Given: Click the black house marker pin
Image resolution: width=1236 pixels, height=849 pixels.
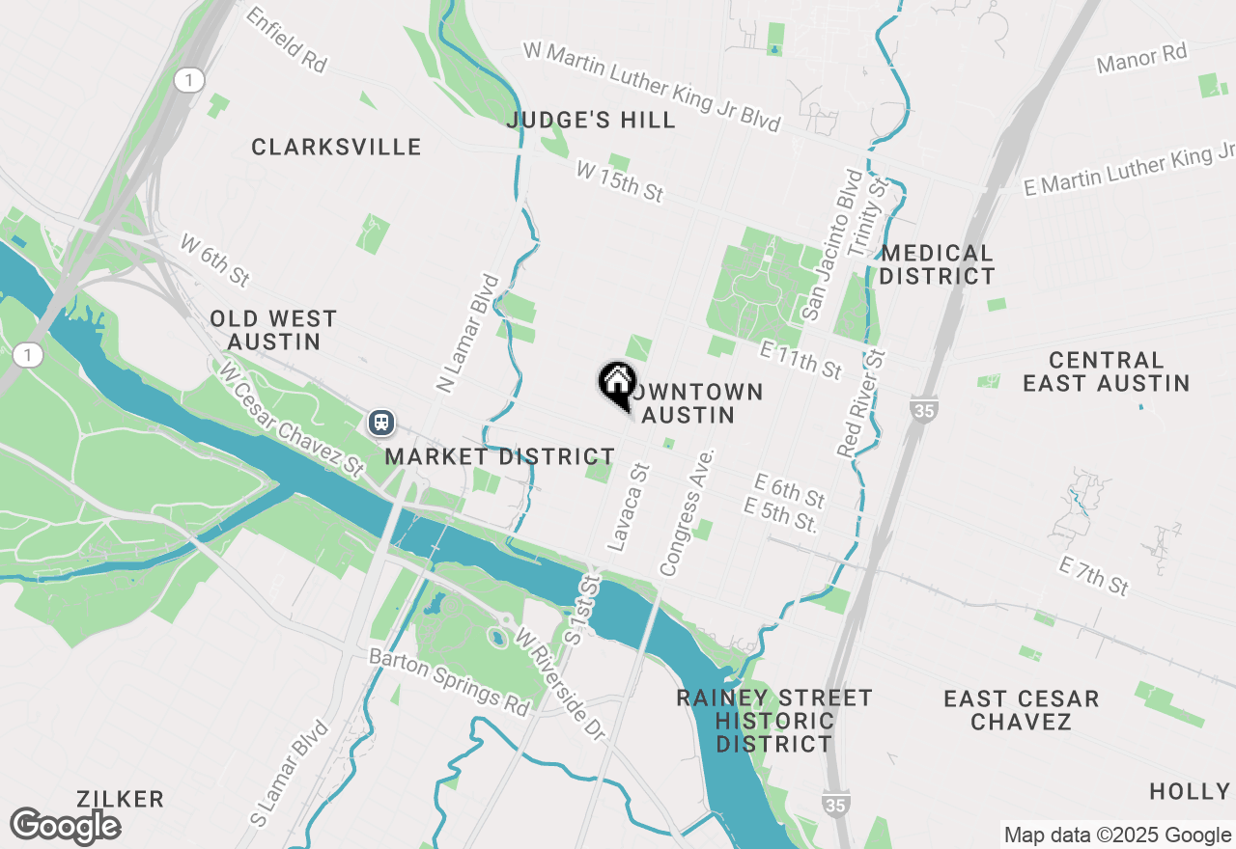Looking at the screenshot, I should coord(617,383).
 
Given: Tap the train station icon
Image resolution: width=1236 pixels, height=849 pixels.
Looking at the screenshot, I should coord(381,423).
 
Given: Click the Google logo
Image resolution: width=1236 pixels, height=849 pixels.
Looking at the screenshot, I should coord(65,826).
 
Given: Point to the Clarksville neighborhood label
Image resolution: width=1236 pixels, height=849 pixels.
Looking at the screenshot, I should coord(336,148).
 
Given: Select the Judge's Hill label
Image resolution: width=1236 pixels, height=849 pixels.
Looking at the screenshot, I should coord(591,121).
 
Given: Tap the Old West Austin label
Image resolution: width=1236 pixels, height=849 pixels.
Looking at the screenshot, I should coord(273,330).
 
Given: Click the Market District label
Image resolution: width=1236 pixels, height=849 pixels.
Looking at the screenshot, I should coord(499,457).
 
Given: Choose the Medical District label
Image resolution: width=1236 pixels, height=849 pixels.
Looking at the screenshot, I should coord(938,264).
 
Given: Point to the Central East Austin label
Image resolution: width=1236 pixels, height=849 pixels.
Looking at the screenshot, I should coord(1106,371).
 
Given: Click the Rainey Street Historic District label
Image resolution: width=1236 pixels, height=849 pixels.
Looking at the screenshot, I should coord(774,721).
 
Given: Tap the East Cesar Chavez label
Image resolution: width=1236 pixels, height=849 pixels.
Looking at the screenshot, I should coord(1021,710).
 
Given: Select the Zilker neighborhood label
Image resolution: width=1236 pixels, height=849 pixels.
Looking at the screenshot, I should coord(122,799).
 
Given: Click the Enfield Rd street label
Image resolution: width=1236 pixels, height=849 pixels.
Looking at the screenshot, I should coord(286,40).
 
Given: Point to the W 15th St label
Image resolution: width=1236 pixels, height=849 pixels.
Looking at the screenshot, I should coord(619,181).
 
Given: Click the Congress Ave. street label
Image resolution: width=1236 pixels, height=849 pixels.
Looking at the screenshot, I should coord(687,512).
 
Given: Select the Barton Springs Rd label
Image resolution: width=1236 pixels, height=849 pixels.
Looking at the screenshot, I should coord(451,681).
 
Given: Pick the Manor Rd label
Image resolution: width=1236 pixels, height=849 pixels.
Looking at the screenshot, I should coord(1141,59).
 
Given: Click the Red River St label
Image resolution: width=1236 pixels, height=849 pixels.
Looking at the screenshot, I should coord(861,402).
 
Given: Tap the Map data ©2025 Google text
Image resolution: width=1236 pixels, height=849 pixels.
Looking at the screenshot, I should coord(1117,835).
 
